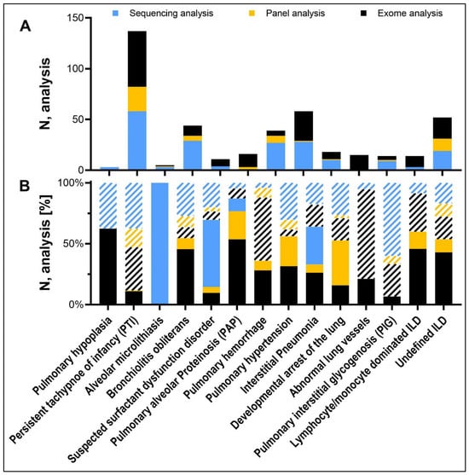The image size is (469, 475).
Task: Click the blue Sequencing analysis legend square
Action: [115, 14]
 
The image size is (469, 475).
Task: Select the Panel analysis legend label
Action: [295, 14]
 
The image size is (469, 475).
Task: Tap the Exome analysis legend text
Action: [410, 14]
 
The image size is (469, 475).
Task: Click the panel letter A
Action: [25, 26]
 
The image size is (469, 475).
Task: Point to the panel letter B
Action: [25, 186]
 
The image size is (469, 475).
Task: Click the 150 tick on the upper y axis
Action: [74, 18]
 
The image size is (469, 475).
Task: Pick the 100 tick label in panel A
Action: [74, 69]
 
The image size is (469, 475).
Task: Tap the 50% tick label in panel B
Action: [73, 244]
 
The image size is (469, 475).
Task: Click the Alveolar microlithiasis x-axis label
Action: [124, 356]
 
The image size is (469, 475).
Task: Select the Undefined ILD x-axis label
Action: [422, 343]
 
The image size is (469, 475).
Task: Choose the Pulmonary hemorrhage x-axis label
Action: [226, 358]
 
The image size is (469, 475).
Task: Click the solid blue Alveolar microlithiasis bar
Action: [159, 243]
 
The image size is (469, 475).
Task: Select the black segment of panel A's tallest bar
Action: [137, 59]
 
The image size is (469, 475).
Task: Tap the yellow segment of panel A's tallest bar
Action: [137, 99]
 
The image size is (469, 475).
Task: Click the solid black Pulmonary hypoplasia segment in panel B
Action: [107, 266]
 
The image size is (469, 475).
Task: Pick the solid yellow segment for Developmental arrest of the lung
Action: [340, 263]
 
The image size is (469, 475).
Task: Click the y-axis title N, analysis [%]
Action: [45, 243]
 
